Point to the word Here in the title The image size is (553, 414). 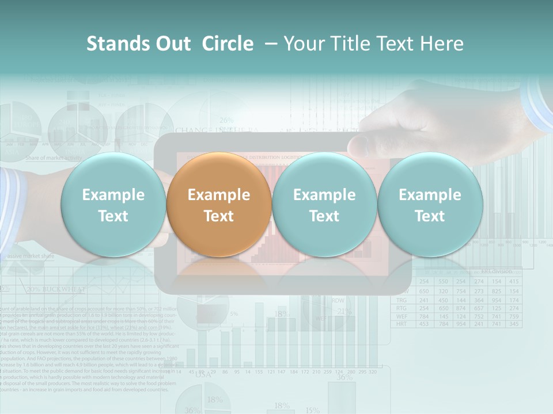(442, 44)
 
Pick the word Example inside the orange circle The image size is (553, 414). (219, 195)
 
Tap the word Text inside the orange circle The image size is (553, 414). (219, 216)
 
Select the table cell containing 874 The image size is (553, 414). (460, 308)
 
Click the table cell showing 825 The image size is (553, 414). (497, 291)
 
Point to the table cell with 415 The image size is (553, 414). (514, 282)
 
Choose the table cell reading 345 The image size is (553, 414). (514, 324)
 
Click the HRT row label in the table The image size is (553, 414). (402, 324)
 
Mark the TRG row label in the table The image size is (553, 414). (402, 300)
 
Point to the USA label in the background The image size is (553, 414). (203, 374)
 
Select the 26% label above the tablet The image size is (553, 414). (226, 120)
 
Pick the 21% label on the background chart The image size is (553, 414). (344, 312)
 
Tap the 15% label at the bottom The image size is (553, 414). (312, 410)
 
